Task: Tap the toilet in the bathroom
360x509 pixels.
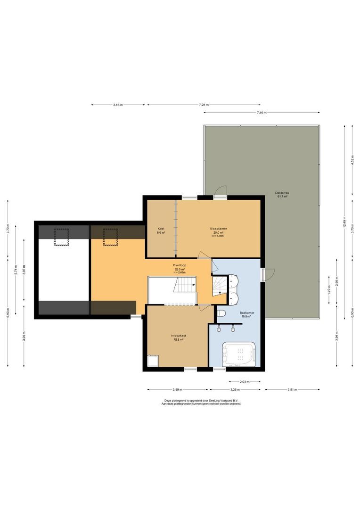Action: coord(222,314)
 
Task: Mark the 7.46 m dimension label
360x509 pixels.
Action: coord(262,113)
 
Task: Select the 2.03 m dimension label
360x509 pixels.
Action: coord(244,382)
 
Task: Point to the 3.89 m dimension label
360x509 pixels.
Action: coord(177,390)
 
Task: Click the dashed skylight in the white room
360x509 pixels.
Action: coord(61,236)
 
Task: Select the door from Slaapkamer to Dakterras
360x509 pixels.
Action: coord(219,190)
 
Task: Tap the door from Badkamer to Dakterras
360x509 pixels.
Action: coord(270,274)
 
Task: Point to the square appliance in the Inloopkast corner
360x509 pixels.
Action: coord(153,361)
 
